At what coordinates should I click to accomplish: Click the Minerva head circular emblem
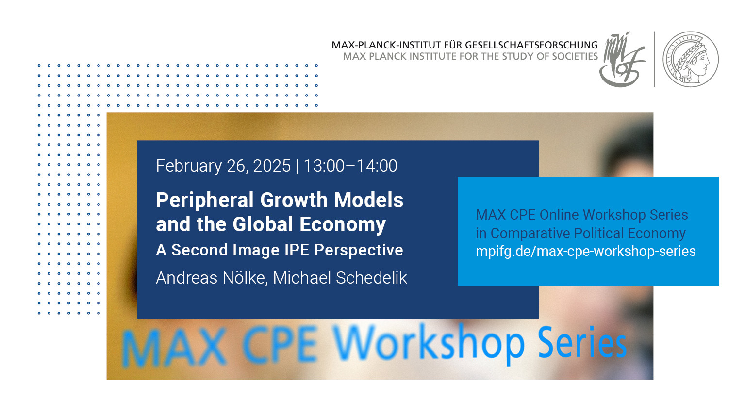click(691, 60)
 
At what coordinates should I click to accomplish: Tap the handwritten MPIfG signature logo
click(622, 60)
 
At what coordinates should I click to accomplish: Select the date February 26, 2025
click(223, 166)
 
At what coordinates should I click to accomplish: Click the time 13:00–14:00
click(350, 166)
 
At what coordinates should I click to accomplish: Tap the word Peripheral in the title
click(204, 200)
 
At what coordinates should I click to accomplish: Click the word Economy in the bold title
click(343, 224)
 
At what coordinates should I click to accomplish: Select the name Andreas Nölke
click(212, 278)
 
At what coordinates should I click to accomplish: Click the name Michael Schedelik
click(340, 278)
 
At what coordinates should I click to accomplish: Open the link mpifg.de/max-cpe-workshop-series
click(586, 251)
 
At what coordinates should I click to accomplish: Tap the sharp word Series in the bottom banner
click(582, 343)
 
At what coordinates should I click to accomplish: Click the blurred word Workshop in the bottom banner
click(429, 344)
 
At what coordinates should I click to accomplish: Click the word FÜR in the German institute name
click(451, 45)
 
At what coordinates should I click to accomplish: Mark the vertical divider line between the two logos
click(655, 60)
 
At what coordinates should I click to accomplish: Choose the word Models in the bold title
click(368, 200)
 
